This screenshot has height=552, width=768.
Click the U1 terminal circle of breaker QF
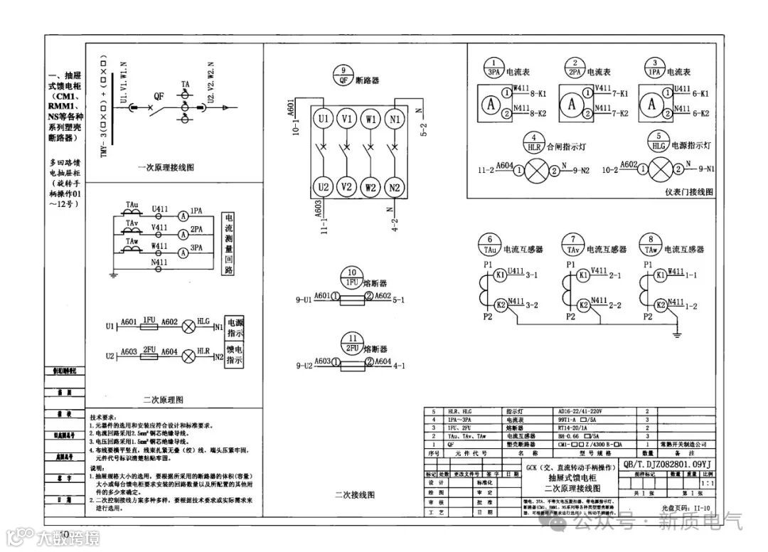tap(324, 119)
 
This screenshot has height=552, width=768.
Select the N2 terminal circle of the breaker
tap(395, 188)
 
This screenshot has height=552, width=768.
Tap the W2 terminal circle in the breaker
tap(370, 188)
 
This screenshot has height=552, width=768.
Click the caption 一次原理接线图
tap(166, 168)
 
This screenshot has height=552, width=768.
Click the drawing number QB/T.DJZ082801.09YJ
tap(666, 465)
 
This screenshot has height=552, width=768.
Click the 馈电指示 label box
tap(235, 355)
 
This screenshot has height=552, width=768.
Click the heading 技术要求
tap(106, 415)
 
